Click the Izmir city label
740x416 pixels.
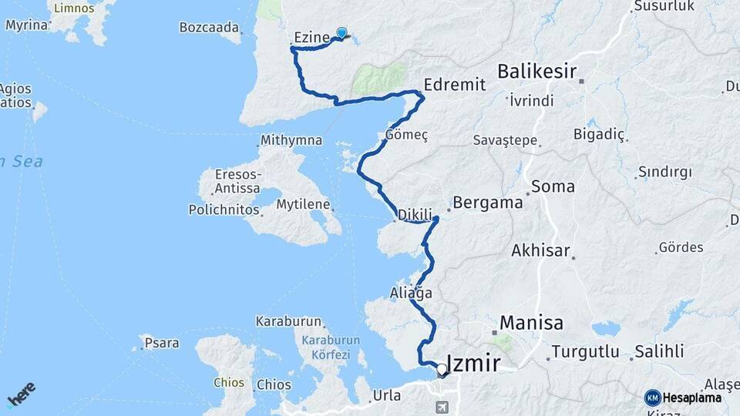[474, 364]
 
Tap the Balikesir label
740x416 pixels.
[537, 72]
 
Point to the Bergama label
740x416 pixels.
[488, 203]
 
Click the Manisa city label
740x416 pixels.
[531, 322]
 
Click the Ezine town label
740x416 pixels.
[312, 37]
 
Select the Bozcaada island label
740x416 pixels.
[209, 27]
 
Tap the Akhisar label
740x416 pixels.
[540, 250]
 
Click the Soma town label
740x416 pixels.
[553, 186]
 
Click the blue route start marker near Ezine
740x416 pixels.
[341, 32]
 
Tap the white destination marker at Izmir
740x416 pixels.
[442, 370]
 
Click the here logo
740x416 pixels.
[22, 396]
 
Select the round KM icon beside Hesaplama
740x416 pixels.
[652, 398]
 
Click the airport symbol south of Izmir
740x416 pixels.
[441, 405]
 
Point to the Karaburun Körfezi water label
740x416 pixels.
[331, 347]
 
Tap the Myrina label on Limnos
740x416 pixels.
[27, 25]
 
